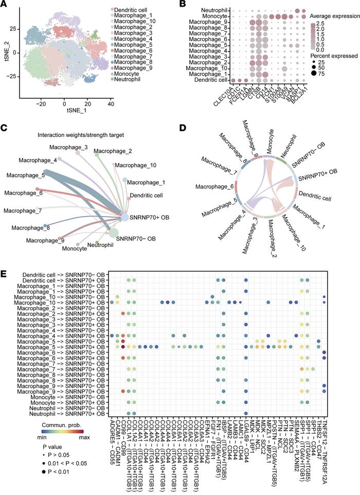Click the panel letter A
tap(6, 5)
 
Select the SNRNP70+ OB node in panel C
tap(124, 219)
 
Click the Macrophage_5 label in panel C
tap(23, 176)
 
